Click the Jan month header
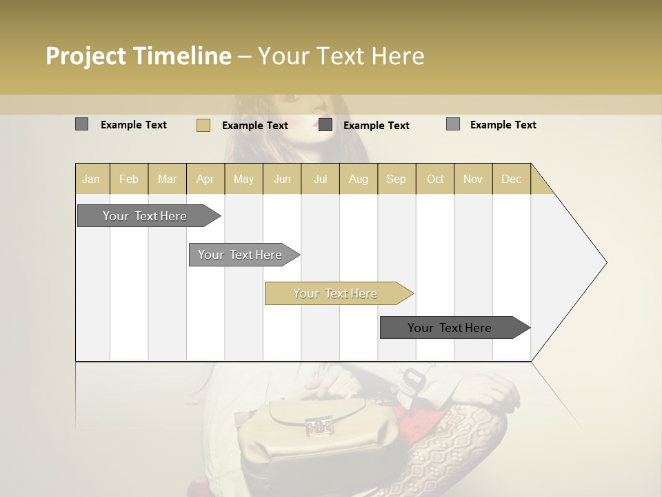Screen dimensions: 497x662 pyautogui.click(x=91, y=179)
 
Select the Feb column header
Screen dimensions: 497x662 pyautogui.click(x=129, y=179)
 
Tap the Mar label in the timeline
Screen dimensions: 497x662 pyautogui.click(x=167, y=179)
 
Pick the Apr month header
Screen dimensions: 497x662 pyautogui.click(x=205, y=179)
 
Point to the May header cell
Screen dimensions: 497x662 pyautogui.click(x=243, y=179)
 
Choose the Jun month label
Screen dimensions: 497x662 pyautogui.click(x=282, y=179)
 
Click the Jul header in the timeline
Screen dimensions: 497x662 pyautogui.click(x=320, y=179)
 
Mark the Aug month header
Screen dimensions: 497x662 pyautogui.click(x=359, y=179)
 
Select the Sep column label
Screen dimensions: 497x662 pyautogui.click(x=396, y=179)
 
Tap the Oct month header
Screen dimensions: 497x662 pyautogui.click(x=435, y=179)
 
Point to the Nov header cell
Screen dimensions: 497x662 pyautogui.click(x=473, y=179)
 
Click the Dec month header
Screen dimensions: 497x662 pyautogui.click(x=511, y=179)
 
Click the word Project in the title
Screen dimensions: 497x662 pyautogui.click(x=86, y=56)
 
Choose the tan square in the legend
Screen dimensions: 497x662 pyautogui.click(x=203, y=125)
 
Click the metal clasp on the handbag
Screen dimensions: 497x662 pyautogui.click(x=319, y=427)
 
